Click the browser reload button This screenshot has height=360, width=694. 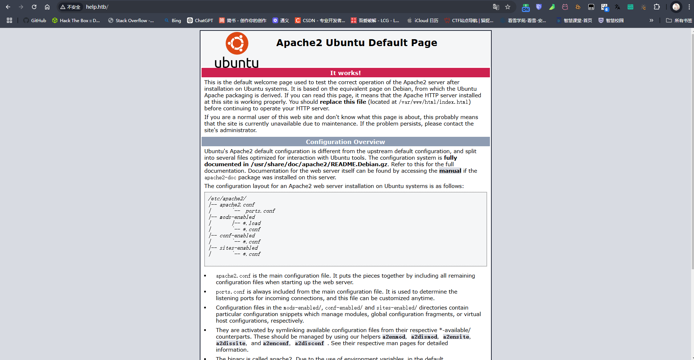pos(34,7)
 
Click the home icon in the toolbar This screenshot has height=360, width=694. pos(47,7)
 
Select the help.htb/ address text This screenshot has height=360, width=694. pos(97,7)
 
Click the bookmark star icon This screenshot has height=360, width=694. pos(508,7)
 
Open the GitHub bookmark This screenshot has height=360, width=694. pos(35,20)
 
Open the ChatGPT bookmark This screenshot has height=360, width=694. pos(200,20)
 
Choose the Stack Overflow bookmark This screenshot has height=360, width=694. pos(131,20)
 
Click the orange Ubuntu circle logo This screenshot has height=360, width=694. pos(237,43)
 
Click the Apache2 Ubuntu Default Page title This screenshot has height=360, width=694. pos(356,43)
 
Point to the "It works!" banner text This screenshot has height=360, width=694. pos(345,73)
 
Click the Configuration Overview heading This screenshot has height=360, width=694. pos(345,142)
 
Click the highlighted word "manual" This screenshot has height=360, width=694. pos(450,171)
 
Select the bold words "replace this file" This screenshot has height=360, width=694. pos(343,102)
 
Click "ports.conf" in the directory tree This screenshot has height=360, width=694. pos(260,211)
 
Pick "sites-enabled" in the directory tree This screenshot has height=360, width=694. pos(239,248)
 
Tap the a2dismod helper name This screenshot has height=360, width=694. pos(424,337)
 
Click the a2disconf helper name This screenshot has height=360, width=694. pos(309,343)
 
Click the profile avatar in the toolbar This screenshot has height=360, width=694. pos(676,7)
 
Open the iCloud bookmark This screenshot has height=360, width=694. pos(423,20)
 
